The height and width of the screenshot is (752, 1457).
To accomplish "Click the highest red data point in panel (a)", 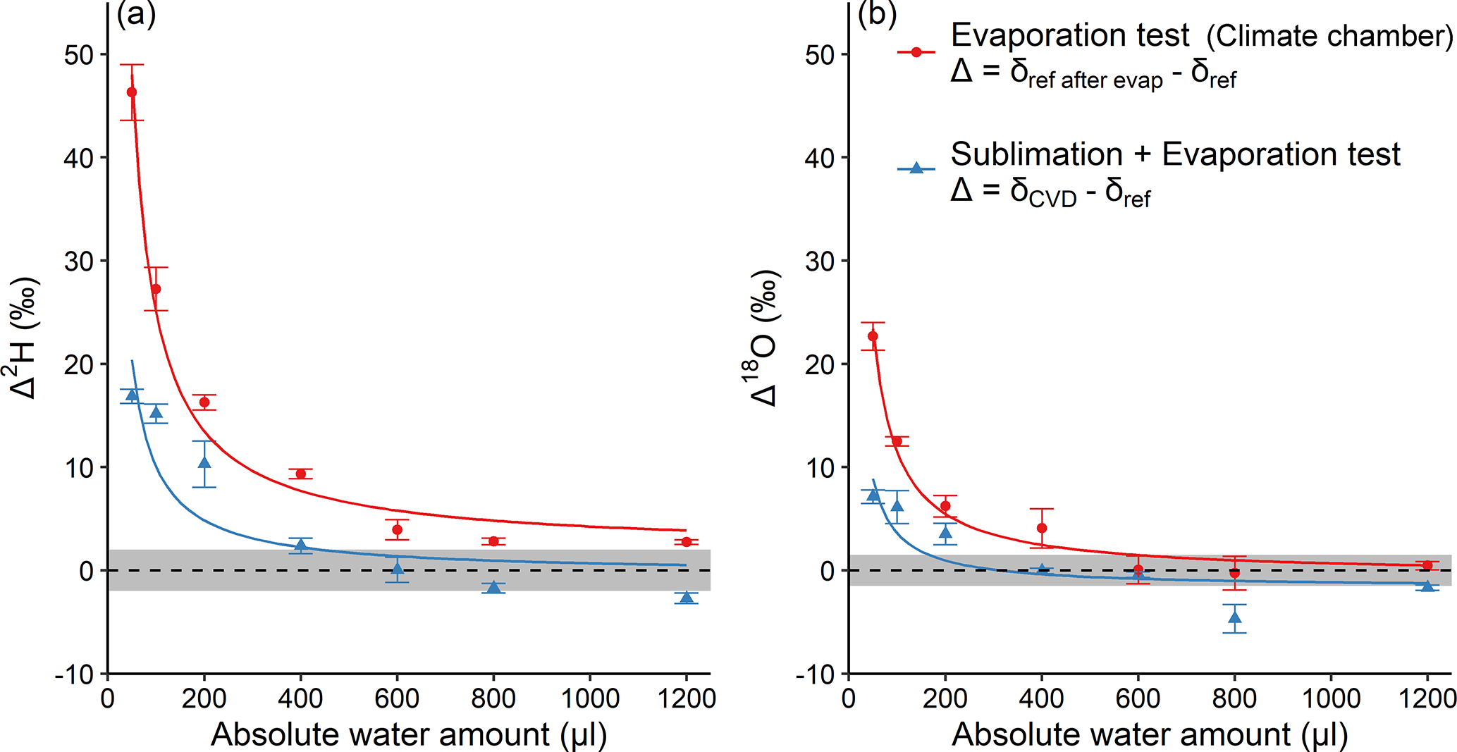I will (x=132, y=92).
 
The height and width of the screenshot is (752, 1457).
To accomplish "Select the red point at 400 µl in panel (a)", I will (x=301, y=474).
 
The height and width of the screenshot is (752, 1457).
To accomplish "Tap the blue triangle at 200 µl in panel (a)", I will (x=204, y=463).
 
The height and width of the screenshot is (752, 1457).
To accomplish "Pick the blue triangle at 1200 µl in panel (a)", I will (x=687, y=598).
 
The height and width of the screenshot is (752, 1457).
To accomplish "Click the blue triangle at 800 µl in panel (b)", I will (x=1235, y=618).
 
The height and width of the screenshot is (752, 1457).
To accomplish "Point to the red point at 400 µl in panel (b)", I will (x=1042, y=528).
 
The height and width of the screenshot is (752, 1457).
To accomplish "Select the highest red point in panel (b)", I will (x=873, y=336).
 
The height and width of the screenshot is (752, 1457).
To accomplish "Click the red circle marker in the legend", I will (x=916, y=52).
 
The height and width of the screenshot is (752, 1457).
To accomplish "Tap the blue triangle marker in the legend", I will (x=916, y=168).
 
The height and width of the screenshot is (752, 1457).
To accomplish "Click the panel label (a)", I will (x=136, y=14).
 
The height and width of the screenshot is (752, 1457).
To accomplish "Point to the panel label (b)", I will (x=877, y=14).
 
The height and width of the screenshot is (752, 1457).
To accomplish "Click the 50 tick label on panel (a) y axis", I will (x=79, y=55).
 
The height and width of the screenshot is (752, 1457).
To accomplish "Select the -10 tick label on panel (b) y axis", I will (x=815, y=675).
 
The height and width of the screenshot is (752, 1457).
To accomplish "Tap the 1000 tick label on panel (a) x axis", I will (x=590, y=698).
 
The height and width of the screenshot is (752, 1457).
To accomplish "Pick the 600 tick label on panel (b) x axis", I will (x=1138, y=698).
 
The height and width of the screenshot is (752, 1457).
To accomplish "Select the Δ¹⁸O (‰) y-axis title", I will (x=764, y=338).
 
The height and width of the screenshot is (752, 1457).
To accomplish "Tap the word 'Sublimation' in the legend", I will (x=1036, y=154).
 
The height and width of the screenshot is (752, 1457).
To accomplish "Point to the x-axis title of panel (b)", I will (x=1150, y=734).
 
